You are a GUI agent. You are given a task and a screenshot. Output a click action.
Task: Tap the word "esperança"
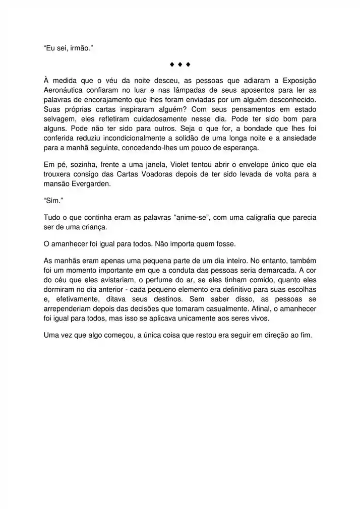click(232, 148)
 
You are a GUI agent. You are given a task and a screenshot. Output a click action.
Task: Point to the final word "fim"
click(305, 335)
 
